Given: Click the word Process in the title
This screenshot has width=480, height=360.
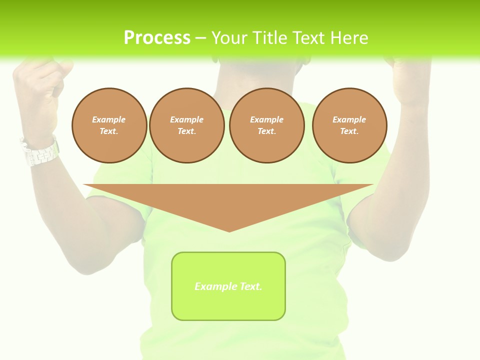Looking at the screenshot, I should (x=157, y=38).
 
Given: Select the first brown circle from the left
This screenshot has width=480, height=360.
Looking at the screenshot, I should (x=109, y=125).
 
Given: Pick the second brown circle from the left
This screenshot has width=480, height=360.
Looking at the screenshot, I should (x=187, y=125).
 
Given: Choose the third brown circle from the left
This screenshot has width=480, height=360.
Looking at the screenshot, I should (x=267, y=125).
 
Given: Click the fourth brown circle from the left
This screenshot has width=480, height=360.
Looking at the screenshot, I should (x=349, y=125).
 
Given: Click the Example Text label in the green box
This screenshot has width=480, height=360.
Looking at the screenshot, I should (x=228, y=286).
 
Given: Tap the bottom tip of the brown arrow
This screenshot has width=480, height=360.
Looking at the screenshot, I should (x=229, y=231).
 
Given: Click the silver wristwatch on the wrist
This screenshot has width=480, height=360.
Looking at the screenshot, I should (x=40, y=151).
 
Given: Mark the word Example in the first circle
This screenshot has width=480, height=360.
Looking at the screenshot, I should (x=109, y=119).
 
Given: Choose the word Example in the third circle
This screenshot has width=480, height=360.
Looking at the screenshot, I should (x=266, y=119).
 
